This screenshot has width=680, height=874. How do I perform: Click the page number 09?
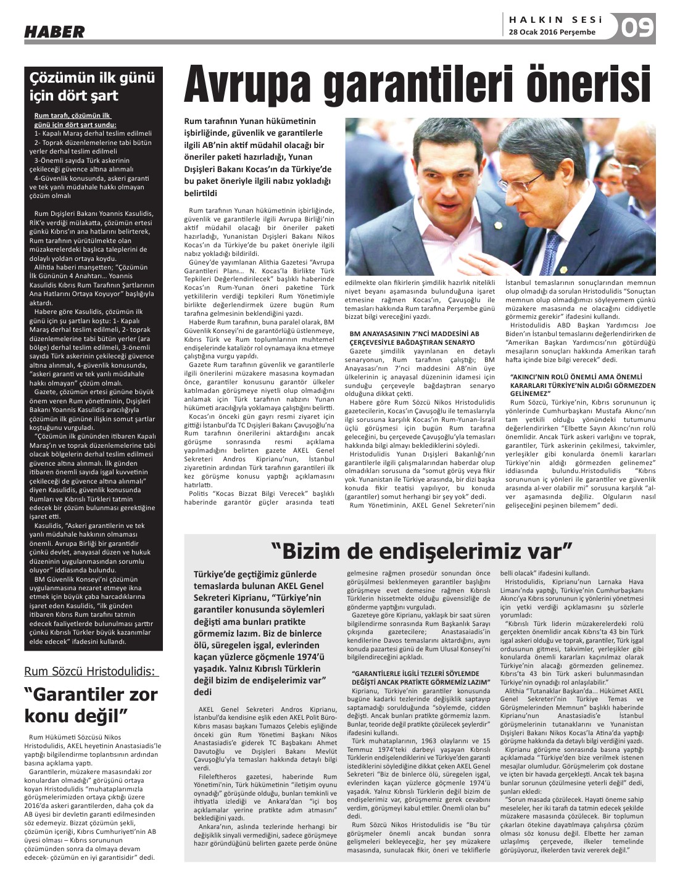click(637, 28)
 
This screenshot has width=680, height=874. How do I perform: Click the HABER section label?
click(54, 32)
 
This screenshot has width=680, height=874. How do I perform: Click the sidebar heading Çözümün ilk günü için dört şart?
click(93, 87)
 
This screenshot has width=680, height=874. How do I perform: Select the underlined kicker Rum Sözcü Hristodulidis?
click(91, 671)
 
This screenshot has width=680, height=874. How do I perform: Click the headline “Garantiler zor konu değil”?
click(91, 704)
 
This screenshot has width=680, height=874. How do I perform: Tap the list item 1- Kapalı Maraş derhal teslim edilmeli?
click(93, 133)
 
